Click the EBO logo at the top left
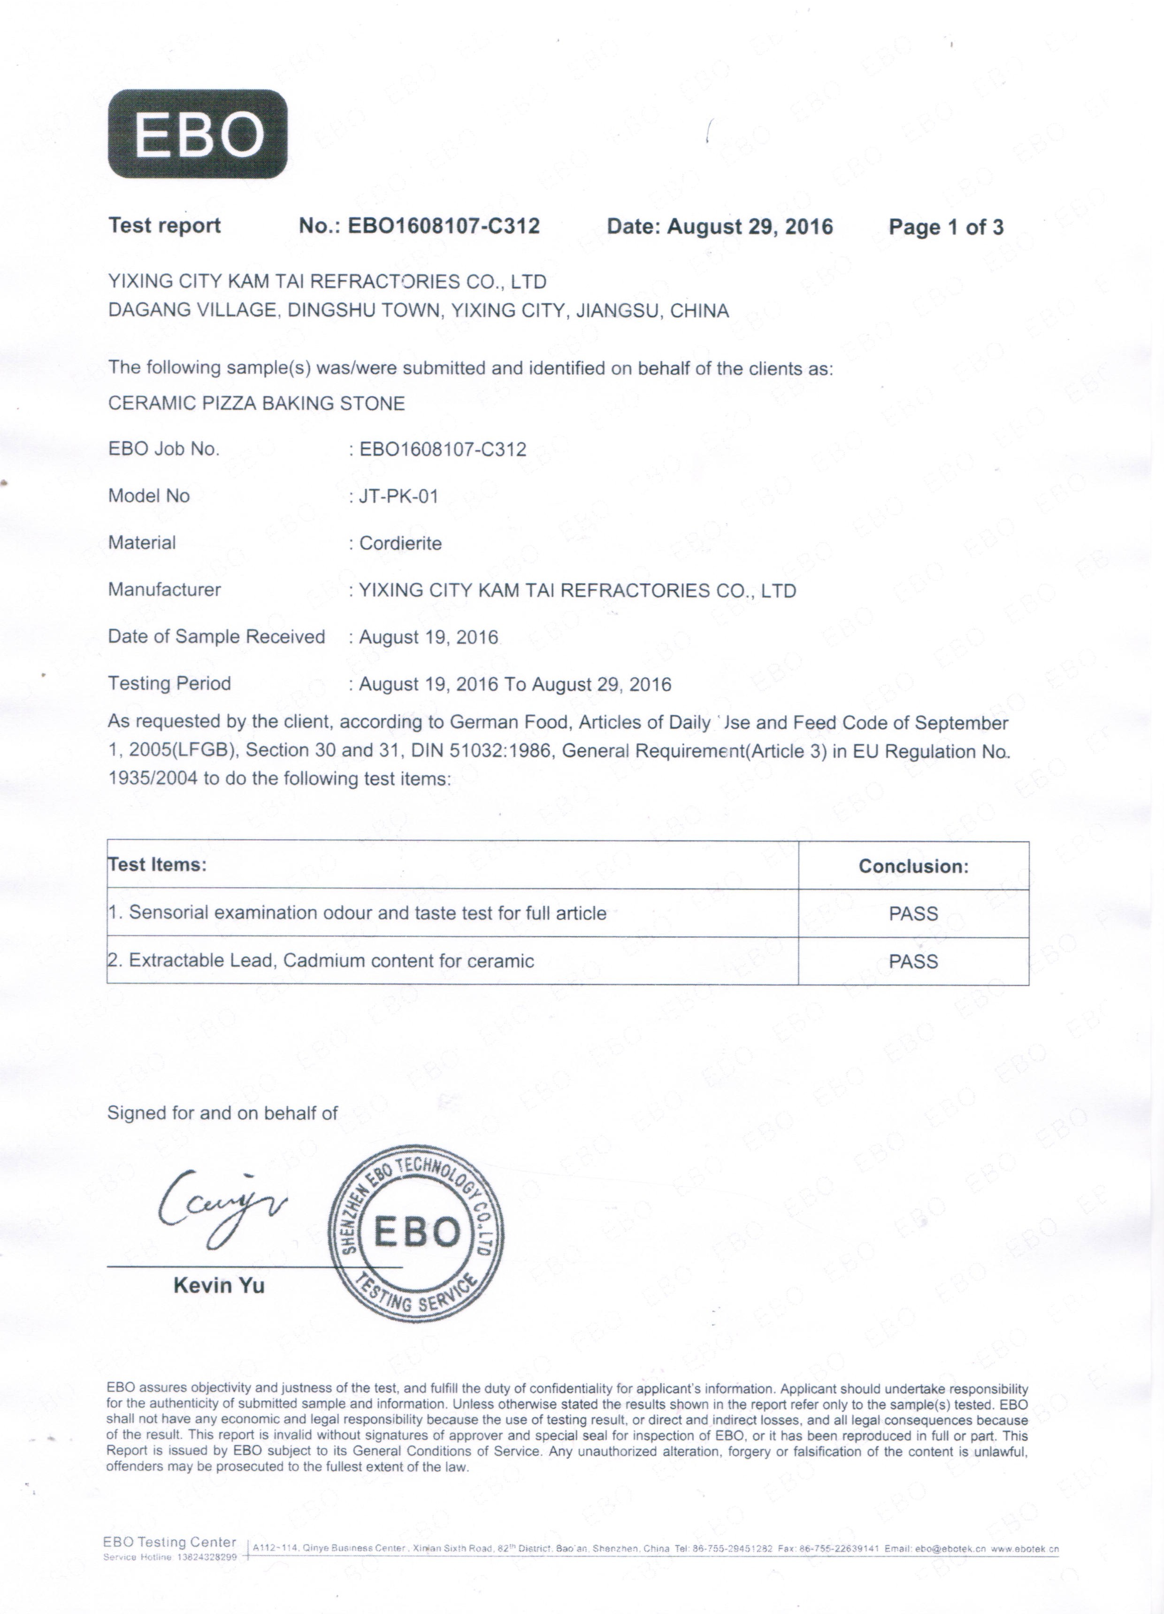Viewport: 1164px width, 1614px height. (x=197, y=134)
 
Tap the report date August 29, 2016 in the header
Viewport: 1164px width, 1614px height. (x=749, y=227)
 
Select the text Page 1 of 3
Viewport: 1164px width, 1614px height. (x=946, y=228)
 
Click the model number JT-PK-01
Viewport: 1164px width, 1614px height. (x=398, y=496)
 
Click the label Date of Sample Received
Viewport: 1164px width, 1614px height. (x=216, y=636)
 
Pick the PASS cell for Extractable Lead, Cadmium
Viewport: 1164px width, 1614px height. (x=913, y=961)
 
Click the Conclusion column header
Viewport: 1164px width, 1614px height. (x=913, y=866)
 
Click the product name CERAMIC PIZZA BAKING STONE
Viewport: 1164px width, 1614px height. (x=256, y=403)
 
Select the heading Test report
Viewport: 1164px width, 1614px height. (x=164, y=225)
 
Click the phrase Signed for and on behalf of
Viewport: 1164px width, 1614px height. (x=222, y=1113)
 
